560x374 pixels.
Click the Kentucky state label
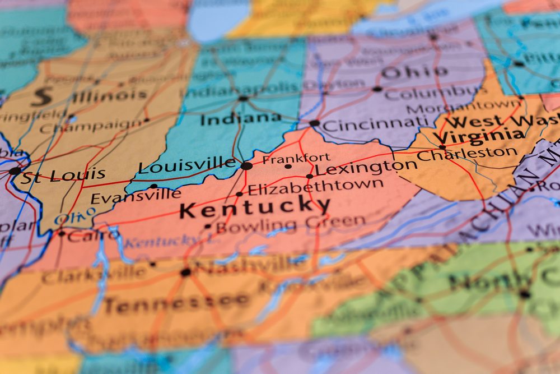coord(255,208)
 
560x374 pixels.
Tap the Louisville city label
coord(187,165)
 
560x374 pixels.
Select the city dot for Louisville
coord(246,165)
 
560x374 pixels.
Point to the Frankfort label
coord(296,158)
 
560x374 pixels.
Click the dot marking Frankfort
coord(288,166)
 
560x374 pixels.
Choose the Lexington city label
coord(366,167)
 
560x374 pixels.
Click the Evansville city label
coord(136,196)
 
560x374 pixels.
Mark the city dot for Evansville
coord(153,186)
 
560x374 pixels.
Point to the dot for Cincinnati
coord(315,123)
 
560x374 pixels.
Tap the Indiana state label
coord(241,118)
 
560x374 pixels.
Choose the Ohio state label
coord(414,72)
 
